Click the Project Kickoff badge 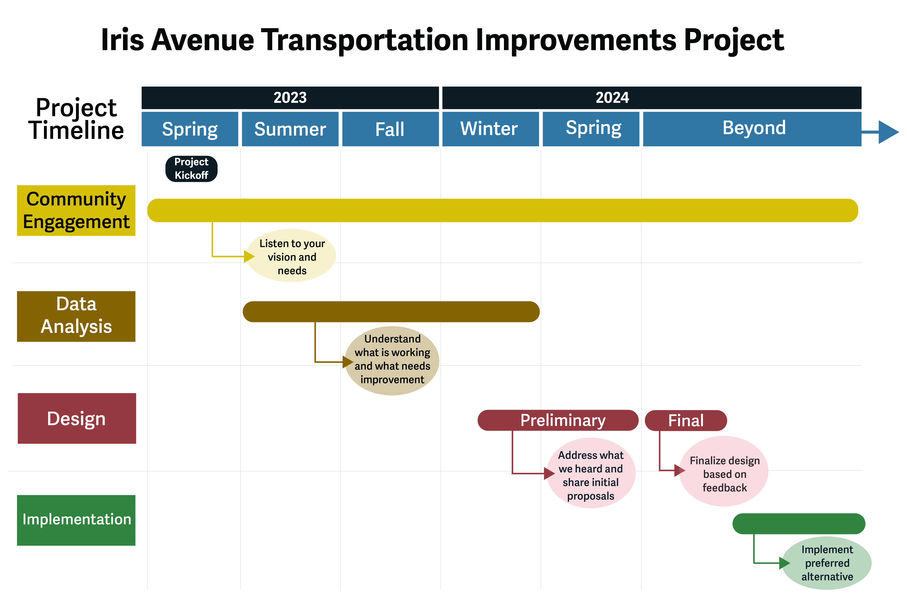(191, 169)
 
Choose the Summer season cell (290, 129)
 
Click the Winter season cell (491, 129)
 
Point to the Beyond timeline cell (752, 129)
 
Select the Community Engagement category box (76, 210)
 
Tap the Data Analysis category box (76, 316)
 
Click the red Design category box (77, 418)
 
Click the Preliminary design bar (558, 420)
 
